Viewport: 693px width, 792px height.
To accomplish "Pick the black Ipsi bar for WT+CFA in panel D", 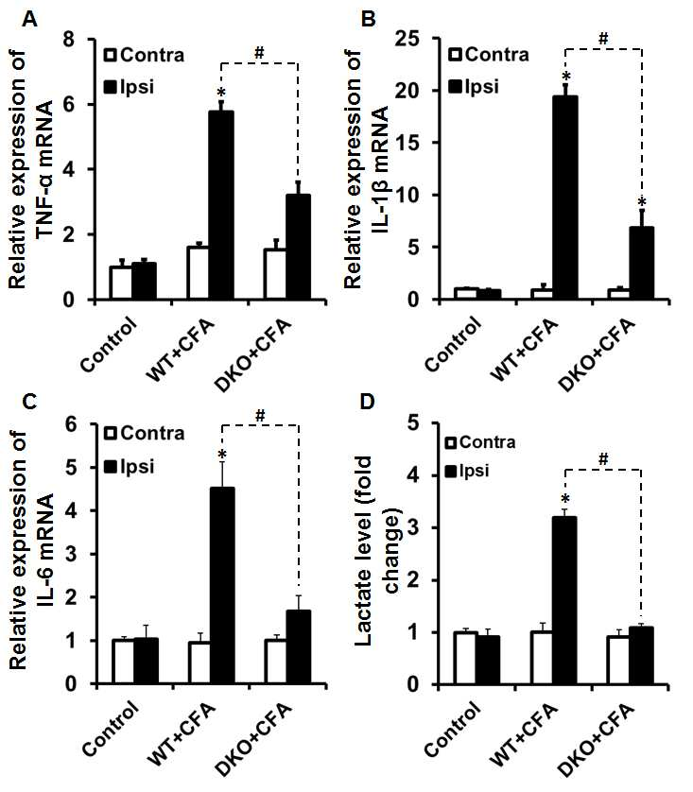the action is coord(565,600).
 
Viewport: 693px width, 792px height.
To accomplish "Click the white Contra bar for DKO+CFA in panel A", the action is coord(275,274).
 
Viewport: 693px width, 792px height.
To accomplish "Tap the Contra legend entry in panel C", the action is coord(145,434).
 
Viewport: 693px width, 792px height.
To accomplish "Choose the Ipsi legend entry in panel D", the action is coord(467,471).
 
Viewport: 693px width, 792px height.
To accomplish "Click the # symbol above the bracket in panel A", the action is coord(260,53).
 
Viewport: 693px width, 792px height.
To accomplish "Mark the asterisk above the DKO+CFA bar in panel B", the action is coord(642,203).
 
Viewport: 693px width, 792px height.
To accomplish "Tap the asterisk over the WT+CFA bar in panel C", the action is coord(222,456).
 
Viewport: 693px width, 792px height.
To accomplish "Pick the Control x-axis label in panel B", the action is coord(452,343).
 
